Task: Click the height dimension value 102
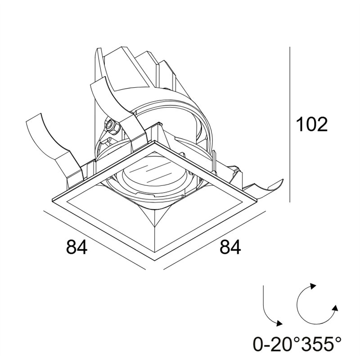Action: [311, 124]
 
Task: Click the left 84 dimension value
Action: [76, 247]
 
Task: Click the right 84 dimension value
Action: [230, 247]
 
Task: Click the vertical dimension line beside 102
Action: [290, 125]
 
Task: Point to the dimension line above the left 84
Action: [94, 240]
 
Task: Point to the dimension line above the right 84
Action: [214, 240]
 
